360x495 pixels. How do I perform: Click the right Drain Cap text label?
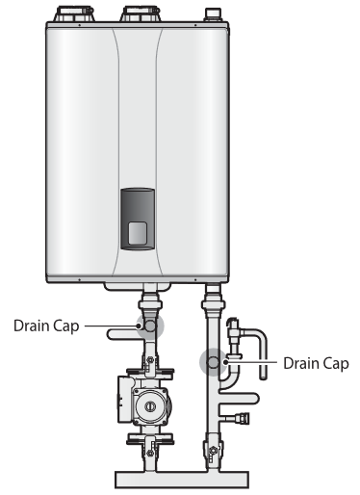(x=315, y=363)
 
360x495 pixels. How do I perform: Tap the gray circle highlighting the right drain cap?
(x=211, y=362)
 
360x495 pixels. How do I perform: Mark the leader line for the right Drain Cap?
(x=251, y=363)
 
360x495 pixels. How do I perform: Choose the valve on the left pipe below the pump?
(x=150, y=445)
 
